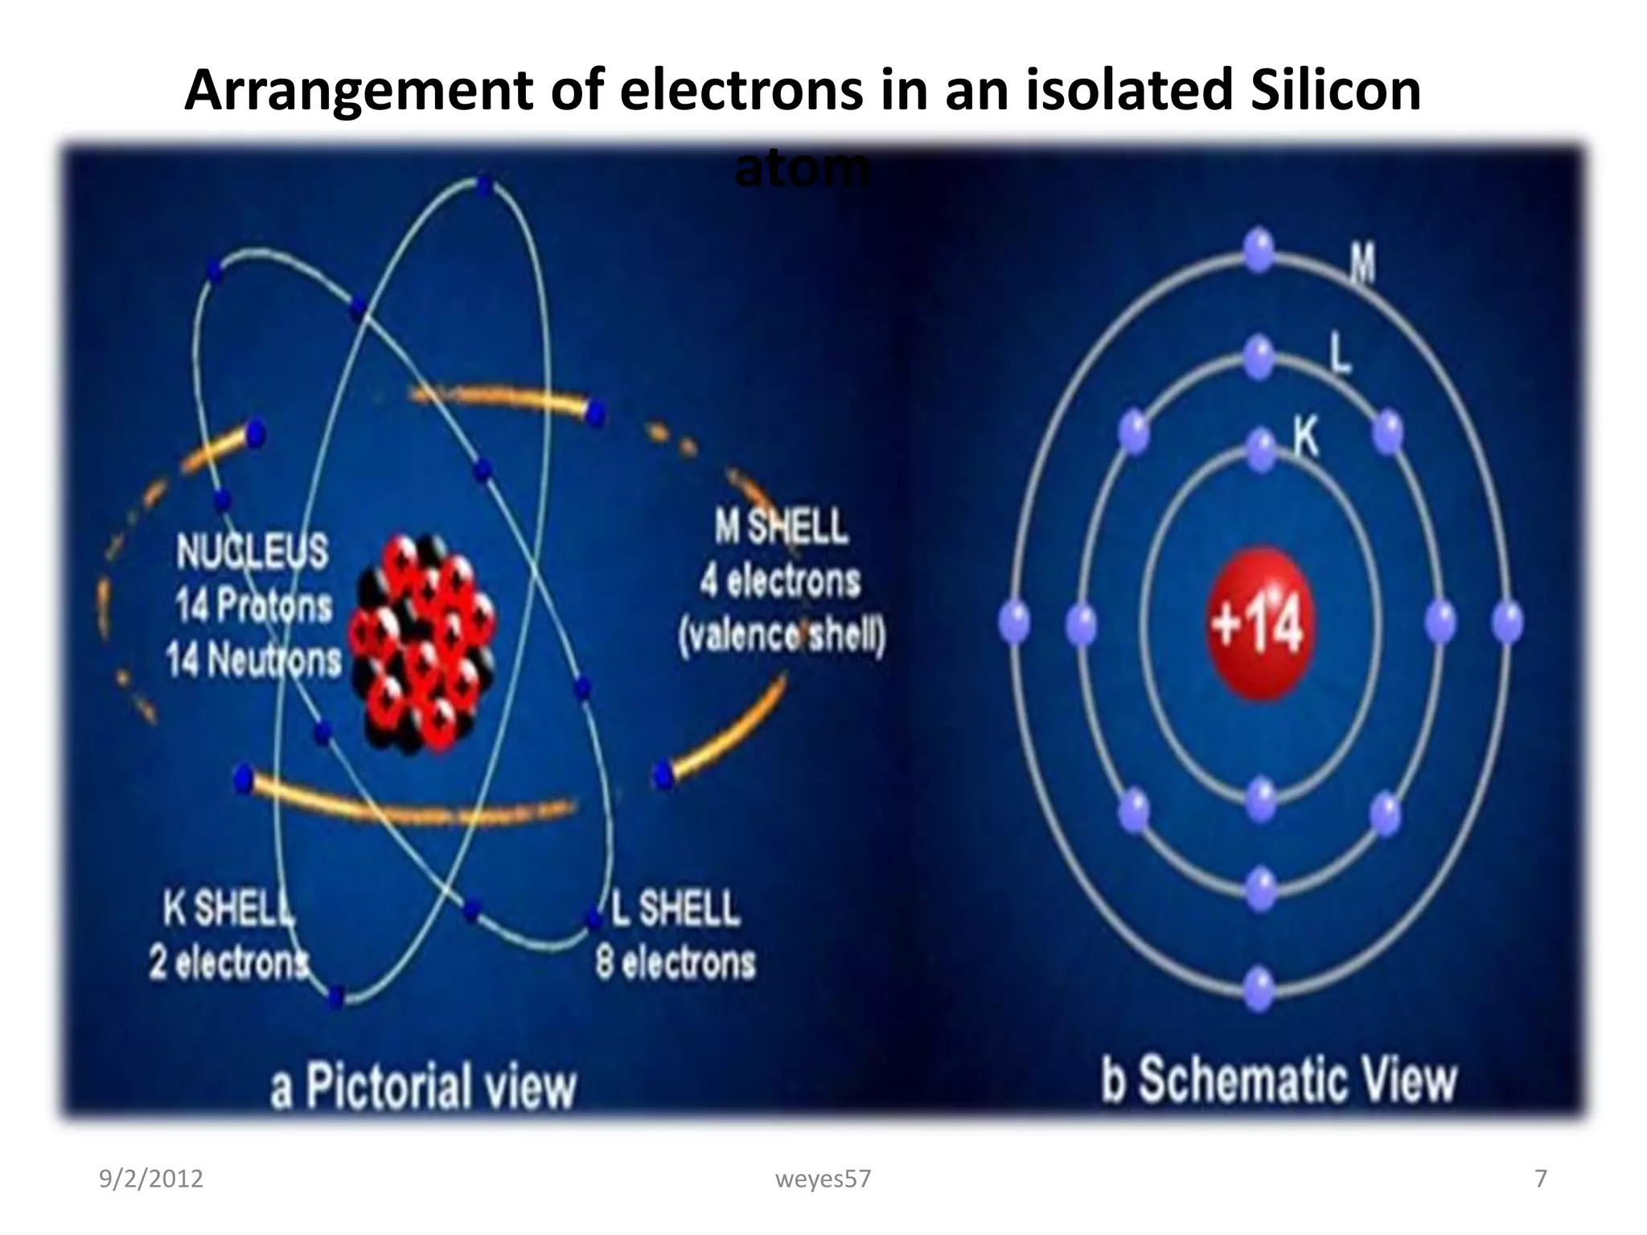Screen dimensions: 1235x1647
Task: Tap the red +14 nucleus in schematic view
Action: pyautogui.click(x=1259, y=623)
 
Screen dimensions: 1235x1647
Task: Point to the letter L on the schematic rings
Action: pyautogui.click(x=1339, y=354)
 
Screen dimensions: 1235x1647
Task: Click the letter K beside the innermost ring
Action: pyautogui.click(x=1306, y=439)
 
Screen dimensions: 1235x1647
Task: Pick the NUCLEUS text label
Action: pyautogui.click(x=252, y=552)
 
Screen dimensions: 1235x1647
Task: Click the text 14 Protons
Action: pyautogui.click(x=253, y=606)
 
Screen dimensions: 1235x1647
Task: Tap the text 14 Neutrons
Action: pyautogui.click(x=253, y=661)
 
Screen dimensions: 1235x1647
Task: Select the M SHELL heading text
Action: pyautogui.click(x=780, y=527)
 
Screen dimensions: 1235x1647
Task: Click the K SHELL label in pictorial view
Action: pyautogui.click(x=228, y=909)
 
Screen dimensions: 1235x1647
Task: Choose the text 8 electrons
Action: pyautogui.click(x=676, y=962)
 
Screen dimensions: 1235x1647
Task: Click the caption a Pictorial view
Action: pyautogui.click(x=423, y=1086)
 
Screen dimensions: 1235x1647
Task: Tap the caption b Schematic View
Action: pyautogui.click(x=1279, y=1080)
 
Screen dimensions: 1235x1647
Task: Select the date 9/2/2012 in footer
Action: pyautogui.click(x=150, y=1179)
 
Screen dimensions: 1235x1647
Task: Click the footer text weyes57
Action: pyautogui.click(x=823, y=1179)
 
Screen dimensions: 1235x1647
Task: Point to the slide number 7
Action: pyautogui.click(x=1540, y=1179)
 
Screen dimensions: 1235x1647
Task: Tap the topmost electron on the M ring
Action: pyautogui.click(x=1259, y=249)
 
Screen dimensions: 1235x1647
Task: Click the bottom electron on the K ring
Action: pyautogui.click(x=1260, y=798)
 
